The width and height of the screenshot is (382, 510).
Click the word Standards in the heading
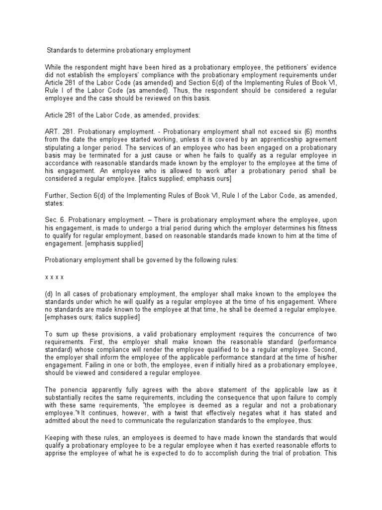coord(63,50)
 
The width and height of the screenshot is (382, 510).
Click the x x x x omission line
coord(55,276)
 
